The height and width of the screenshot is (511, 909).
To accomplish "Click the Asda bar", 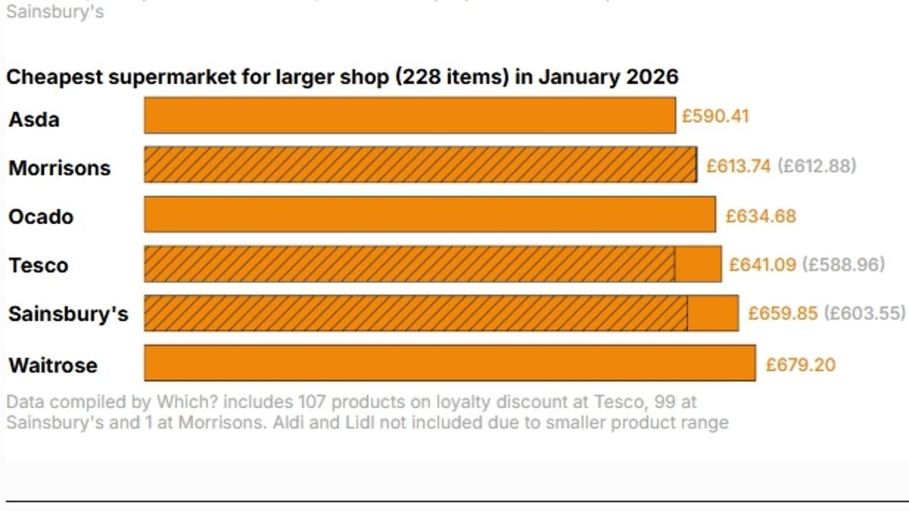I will [x=409, y=115].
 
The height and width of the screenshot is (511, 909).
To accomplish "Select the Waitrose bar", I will [x=449, y=363].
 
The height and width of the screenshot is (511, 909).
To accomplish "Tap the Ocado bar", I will [x=430, y=214].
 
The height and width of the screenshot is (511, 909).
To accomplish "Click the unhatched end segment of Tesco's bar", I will [x=698, y=264].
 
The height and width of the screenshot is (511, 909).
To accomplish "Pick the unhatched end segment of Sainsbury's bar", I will [x=713, y=313].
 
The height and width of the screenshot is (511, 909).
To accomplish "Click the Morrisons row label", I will [x=59, y=168].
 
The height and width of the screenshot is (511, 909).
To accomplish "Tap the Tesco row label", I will [x=38, y=266].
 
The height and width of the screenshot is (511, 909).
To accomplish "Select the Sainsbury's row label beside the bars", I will [x=68, y=314].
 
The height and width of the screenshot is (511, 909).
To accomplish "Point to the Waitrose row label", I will [x=53, y=365].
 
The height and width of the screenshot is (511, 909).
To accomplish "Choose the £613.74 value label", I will [x=738, y=166].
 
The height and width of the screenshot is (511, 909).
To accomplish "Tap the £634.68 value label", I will [x=761, y=217].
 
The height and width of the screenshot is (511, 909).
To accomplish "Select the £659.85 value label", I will [x=782, y=313].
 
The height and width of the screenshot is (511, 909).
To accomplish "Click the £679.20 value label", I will [x=801, y=365].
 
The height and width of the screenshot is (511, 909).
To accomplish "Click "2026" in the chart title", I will [x=652, y=77].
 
